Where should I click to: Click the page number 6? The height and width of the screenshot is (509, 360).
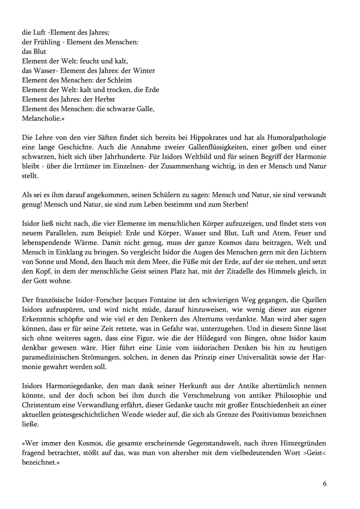tap(325, 484)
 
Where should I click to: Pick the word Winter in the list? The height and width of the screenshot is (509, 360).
tap(144, 71)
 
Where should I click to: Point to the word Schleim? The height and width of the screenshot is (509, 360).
tap(119, 80)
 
